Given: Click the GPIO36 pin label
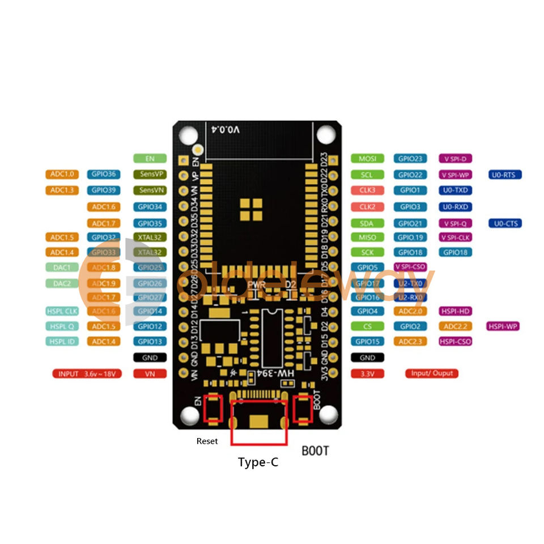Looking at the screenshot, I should tap(104, 175).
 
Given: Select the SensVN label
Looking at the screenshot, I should tap(150, 190).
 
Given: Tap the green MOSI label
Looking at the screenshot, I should tap(367, 159).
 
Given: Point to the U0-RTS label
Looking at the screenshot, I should tap(505, 175).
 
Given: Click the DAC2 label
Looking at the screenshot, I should tap(62, 283).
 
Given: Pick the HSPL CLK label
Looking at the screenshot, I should tap(62, 311).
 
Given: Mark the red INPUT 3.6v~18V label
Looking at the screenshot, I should tap(87, 374).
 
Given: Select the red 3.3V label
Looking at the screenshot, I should tap(367, 374).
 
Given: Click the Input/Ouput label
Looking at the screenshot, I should tap(431, 373).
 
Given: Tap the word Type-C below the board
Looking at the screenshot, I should tap(258, 462).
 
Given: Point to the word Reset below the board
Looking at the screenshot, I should tap(207, 441).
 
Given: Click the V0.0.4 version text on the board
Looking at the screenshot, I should tap(226, 130).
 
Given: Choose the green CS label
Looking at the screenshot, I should tap(367, 326).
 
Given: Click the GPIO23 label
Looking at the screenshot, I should tap(410, 159).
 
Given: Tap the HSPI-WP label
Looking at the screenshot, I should tap(504, 326).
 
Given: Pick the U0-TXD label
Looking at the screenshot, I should tap(456, 190).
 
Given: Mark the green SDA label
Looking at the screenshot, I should tap(367, 223).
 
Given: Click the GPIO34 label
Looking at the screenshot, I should tap(150, 207).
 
